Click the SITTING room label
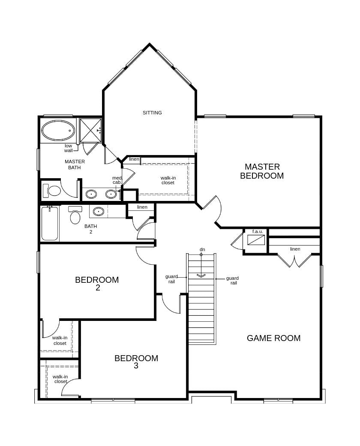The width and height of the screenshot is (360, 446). tap(152, 113)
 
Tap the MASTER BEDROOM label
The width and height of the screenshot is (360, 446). tap(262, 171)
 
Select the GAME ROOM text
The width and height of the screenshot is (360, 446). tap(273, 338)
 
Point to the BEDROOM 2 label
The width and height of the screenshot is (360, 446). tap(97, 283)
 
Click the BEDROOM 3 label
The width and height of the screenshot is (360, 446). tap(136, 362)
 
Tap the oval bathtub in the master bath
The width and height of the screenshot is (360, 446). tap(58, 131)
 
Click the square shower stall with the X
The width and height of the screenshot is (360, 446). tap(90, 130)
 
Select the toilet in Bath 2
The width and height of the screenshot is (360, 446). tap(75, 215)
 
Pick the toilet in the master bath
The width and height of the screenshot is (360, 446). tap(52, 191)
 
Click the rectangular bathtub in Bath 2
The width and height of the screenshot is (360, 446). tap(50, 224)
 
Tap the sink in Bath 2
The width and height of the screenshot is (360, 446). tap(99, 211)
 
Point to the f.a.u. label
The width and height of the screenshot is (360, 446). tap(258, 231)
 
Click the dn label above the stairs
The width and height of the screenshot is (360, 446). tap(202, 249)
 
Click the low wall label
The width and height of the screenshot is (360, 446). tap(68, 148)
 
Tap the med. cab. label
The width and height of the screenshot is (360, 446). tap(117, 180)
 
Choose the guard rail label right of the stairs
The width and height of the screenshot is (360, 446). tap(233, 281)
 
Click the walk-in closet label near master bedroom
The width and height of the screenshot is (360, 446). tap(168, 180)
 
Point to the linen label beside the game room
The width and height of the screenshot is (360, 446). tap(295, 249)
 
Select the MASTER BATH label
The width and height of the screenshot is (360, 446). tap(75, 165)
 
